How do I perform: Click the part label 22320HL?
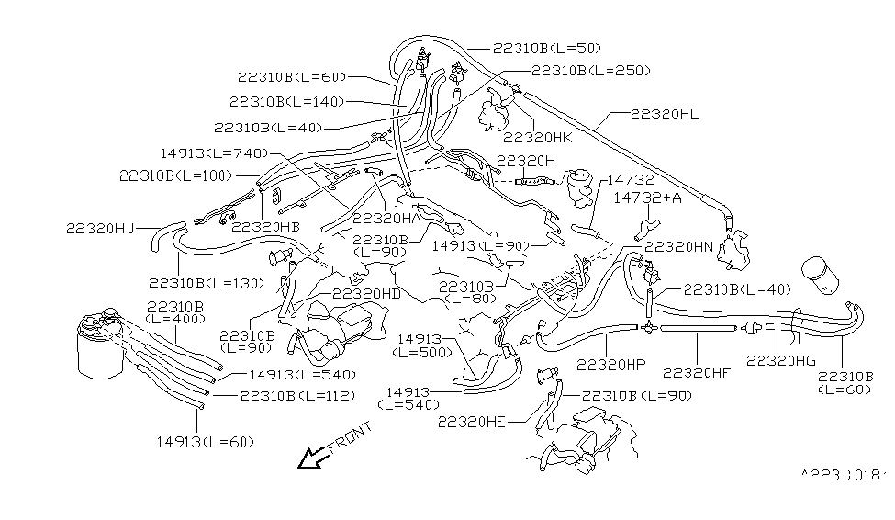(665, 115)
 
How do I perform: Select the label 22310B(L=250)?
(591, 71)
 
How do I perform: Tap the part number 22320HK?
(538, 138)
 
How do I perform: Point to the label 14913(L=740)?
(214, 153)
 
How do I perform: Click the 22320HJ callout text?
(101, 229)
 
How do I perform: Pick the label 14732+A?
(649, 198)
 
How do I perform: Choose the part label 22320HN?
(678, 247)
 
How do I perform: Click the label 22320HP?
(610, 365)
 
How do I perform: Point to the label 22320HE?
(472, 422)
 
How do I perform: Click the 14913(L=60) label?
(205, 442)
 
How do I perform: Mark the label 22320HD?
(366, 294)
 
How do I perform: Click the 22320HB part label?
(265, 226)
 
